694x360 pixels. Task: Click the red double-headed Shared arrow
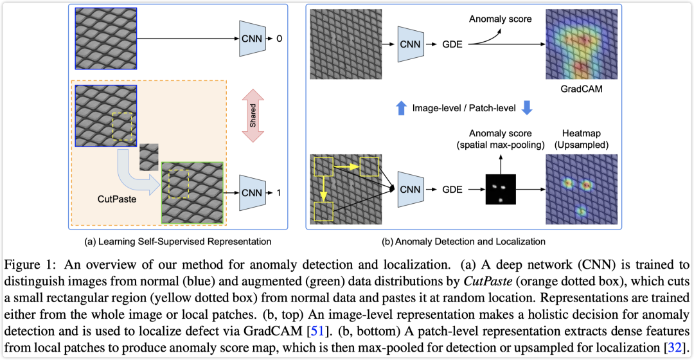coord(253,116)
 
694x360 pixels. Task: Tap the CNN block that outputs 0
coord(253,39)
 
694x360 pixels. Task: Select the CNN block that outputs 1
coord(253,193)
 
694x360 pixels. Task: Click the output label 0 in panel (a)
coord(279,39)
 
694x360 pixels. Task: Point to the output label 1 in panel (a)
coord(278,193)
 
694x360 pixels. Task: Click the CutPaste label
coord(117,199)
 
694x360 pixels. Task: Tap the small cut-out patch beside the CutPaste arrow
coord(148,157)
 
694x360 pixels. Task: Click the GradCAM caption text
coord(581,89)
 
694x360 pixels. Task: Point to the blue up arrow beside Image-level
coord(401,108)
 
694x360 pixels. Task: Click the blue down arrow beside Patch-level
coord(527,108)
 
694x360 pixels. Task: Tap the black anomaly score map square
coord(501,189)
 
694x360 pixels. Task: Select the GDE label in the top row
coord(452,44)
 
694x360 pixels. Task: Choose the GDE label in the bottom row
coord(452,190)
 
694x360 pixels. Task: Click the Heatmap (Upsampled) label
coord(581,139)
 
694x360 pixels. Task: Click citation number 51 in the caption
coord(317,331)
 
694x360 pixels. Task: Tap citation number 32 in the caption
coord(675,348)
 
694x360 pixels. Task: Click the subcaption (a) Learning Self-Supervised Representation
coord(178,242)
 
